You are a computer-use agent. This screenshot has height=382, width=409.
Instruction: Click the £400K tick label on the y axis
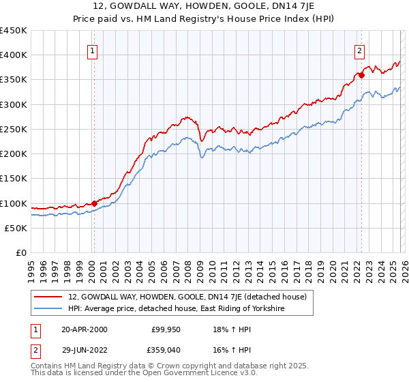tap(14, 55)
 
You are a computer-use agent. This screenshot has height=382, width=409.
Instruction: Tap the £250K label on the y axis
tap(14, 130)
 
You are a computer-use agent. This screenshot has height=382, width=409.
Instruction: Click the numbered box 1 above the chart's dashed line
tap(92, 50)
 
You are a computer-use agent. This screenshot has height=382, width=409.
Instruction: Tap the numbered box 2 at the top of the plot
tap(359, 50)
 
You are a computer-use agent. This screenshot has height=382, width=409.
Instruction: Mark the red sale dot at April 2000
tap(94, 203)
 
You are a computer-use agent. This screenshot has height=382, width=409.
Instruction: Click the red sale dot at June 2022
tap(361, 75)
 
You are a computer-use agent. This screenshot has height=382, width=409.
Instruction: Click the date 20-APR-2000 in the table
tap(84, 329)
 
